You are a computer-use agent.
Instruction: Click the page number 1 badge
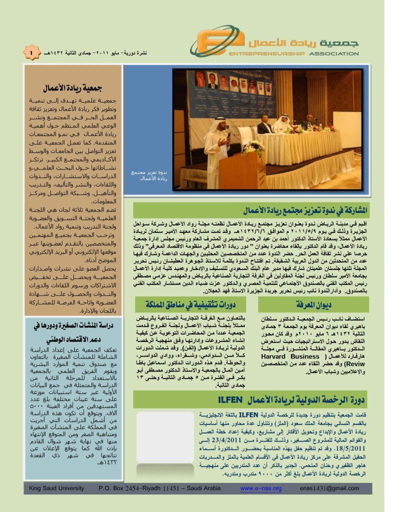coord(31,52)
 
